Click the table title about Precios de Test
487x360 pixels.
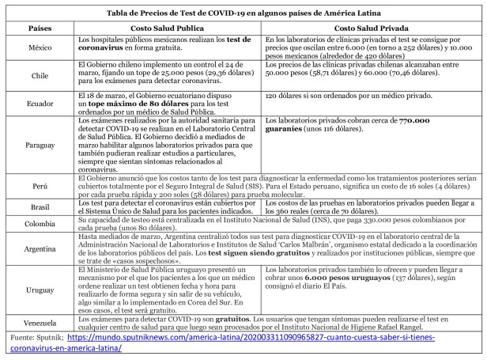click(243, 11)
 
